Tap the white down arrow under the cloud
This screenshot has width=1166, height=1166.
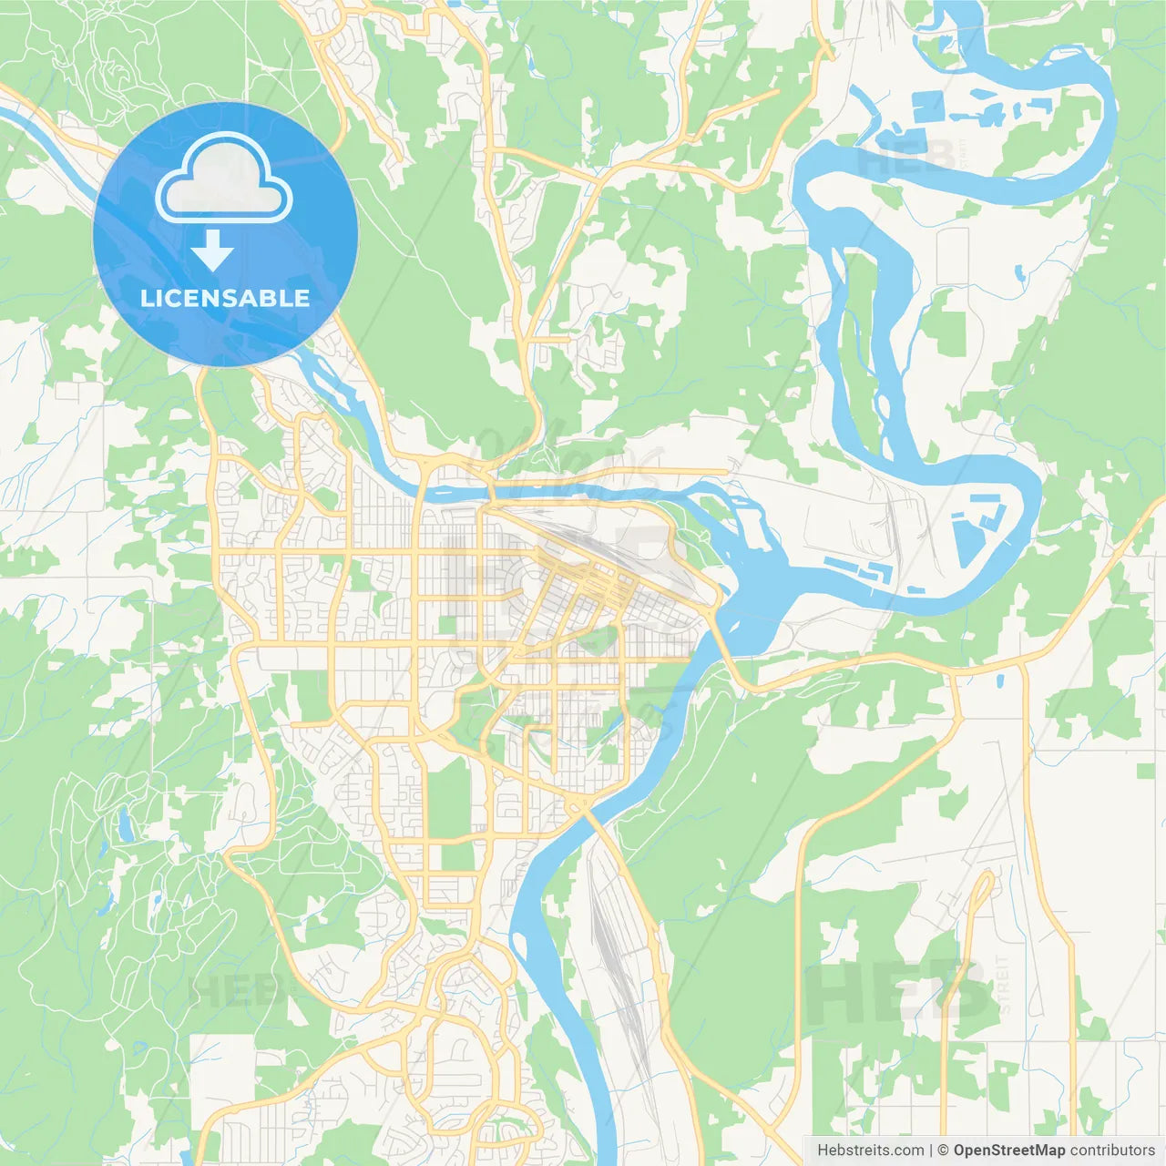[x=212, y=250]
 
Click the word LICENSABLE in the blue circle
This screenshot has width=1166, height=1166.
[x=225, y=298]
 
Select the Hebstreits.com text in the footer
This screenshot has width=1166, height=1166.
[x=870, y=1151]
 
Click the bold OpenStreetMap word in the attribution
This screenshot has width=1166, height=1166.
[x=1008, y=1151]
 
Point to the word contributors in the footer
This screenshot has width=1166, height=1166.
[x=1112, y=1151]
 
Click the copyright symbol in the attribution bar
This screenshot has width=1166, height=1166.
[x=944, y=1151]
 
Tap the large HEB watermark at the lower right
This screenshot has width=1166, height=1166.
[x=897, y=993]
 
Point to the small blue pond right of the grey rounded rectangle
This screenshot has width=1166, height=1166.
[x=1018, y=271]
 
